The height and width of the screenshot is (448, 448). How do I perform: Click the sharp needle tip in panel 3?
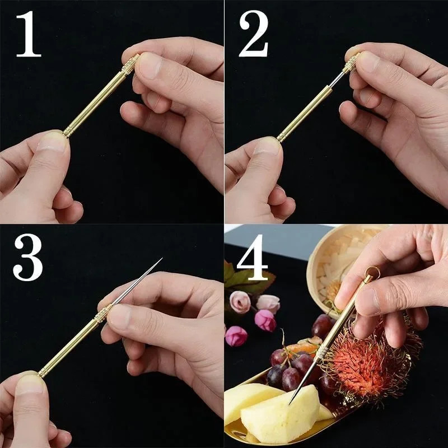point(161,259)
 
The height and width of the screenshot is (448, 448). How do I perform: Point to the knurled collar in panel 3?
point(101,316)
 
